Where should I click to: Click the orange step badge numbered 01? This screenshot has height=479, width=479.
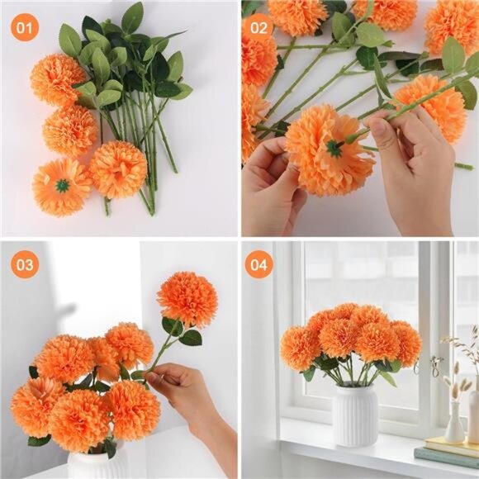click(26, 29)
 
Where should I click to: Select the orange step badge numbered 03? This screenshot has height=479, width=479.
click(26, 264)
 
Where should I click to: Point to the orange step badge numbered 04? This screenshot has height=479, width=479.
click(258, 264)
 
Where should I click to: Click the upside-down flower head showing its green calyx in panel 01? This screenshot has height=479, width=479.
click(62, 186)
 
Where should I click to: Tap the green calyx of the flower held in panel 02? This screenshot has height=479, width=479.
click(333, 148)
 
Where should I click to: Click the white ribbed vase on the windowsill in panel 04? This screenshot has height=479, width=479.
click(354, 417)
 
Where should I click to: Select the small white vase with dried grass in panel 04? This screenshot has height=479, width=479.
click(454, 424)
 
